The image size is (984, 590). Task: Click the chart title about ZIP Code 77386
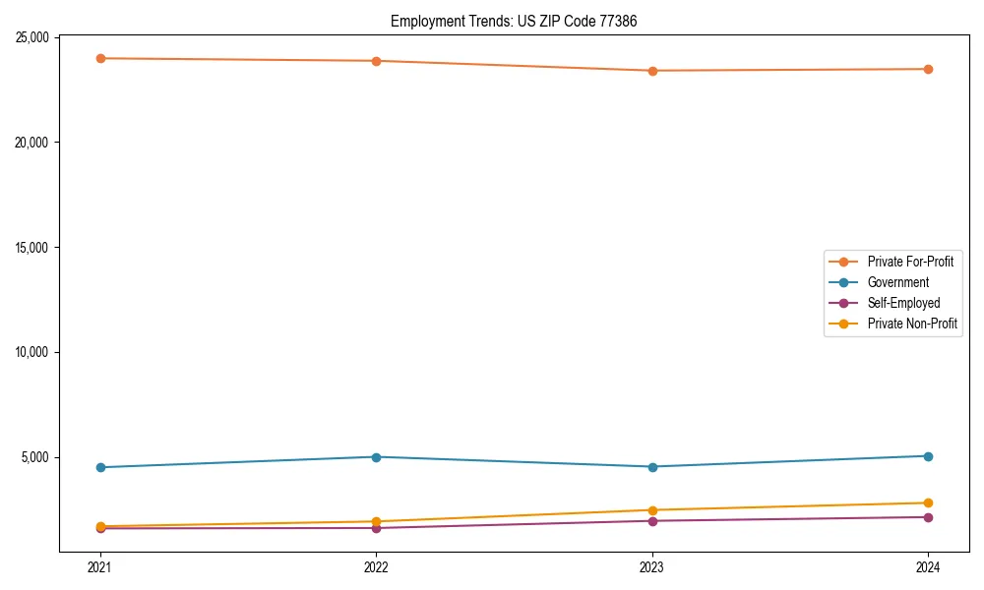[514, 21]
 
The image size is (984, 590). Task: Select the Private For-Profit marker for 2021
[100, 58]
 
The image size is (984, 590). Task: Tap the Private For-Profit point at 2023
[652, 71]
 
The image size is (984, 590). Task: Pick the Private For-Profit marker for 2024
[928, 69]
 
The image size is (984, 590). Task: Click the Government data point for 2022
[376, 457]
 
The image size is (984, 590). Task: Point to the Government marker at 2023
[652, 467]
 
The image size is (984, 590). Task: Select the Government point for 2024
[928, 456]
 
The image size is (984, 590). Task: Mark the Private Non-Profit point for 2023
[652, 510]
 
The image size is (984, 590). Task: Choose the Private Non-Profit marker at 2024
[928, 502]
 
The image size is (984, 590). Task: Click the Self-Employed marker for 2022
[376, 528]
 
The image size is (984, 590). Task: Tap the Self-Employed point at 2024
[928, 517]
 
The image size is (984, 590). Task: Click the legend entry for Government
[897, 282]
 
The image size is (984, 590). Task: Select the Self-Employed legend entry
[903, 303]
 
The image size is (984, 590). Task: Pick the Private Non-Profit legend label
[912, 324]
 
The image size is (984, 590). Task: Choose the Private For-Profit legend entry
[910, 262]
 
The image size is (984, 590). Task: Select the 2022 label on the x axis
[376, 566]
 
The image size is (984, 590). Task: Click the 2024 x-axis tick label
[928, 566]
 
